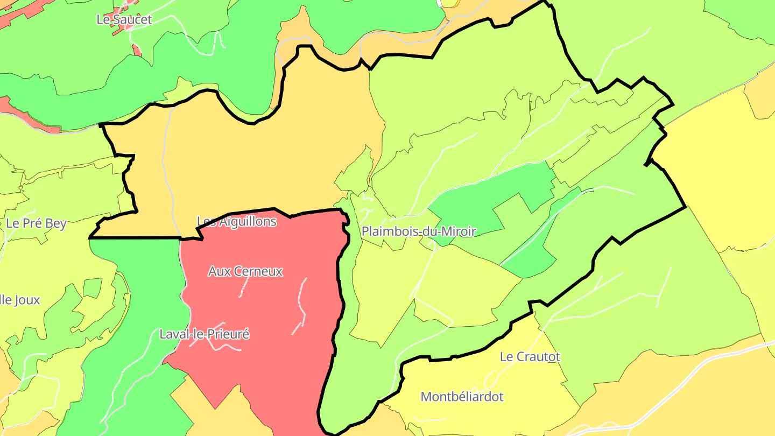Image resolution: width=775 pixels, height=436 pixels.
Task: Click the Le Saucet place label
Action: pos(124,20)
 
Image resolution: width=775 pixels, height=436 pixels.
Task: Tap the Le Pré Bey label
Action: pos(36,223)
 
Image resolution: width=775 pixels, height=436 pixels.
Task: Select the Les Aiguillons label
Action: pos(237,221)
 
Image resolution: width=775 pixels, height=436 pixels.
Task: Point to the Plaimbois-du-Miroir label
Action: pos(419,231)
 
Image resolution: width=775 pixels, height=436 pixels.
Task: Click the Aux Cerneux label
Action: pos(245,271)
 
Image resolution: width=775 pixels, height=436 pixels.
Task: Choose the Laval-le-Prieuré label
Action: pos(205,334)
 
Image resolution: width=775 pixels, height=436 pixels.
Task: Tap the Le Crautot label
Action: pos(530,357)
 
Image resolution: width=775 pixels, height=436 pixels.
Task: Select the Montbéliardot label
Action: pos(462,397)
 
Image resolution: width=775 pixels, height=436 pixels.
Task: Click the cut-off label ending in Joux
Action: pos(20,300)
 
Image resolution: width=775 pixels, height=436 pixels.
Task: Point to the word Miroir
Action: pos(459,231)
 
